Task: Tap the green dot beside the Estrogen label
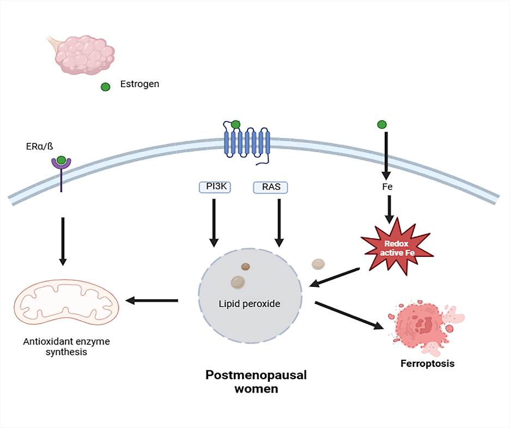[106, 87]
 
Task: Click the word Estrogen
[139, 84]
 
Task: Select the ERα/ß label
[39, 146]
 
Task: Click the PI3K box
[214, 188]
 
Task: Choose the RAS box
[270, 188]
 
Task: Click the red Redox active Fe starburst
[396, 245]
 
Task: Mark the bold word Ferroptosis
[427, 363]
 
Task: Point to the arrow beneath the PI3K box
[214, 224]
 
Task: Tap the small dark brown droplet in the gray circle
[246, 267]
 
